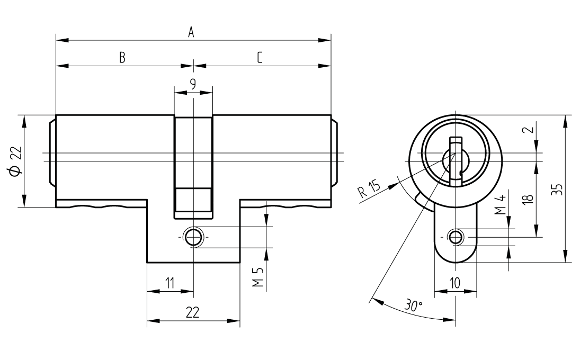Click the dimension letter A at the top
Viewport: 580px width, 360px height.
pos(191,32)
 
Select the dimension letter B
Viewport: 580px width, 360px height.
pos(122,58)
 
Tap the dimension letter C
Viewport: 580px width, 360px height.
pos(260,58)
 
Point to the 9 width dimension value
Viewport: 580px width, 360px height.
pos(193,84)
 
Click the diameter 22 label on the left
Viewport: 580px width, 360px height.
pos(15,161)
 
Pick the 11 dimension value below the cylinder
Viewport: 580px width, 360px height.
pos(169,283)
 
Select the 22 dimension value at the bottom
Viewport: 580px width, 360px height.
pos(192,313)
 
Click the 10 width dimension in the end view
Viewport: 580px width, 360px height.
pos(454,283)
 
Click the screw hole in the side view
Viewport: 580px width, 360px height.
pos(193,236)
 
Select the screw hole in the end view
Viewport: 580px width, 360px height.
pos(455,236)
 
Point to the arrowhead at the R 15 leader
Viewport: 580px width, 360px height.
pos(395,183)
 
